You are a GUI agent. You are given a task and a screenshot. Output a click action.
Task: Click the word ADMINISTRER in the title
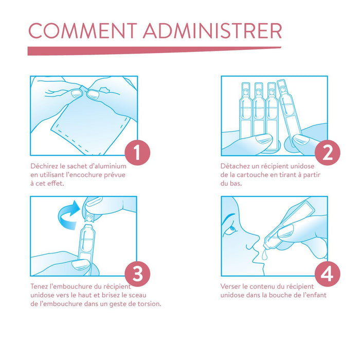pos(212,30)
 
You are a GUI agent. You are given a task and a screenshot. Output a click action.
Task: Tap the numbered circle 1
pos(137,153)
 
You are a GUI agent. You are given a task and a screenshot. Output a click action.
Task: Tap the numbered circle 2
pos(328,153)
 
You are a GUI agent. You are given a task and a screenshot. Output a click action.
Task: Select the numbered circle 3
pos(137,274)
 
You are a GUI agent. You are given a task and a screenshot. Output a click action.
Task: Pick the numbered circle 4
pos(328,274)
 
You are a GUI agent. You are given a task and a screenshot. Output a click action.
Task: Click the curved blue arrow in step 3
pos(68,215)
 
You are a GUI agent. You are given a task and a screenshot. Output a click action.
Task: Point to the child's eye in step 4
pos(232,229)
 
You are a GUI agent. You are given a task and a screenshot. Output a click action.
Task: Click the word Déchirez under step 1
pos(43,166)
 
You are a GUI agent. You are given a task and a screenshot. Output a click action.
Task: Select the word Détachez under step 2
pos(233,166)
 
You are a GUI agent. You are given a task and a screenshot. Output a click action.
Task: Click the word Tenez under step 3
pos(39,286)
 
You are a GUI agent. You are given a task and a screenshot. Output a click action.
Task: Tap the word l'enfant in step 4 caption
pos(315,295)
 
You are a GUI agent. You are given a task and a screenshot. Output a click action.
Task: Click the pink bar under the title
pos(154,51)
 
